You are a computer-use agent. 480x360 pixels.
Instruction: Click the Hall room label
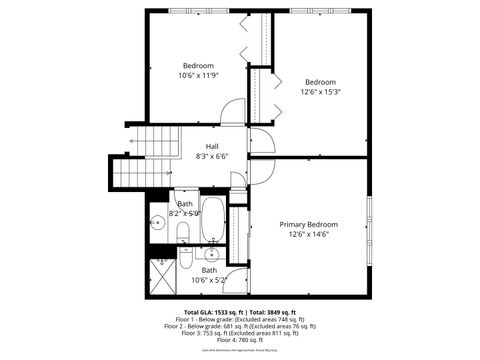pos(212,146)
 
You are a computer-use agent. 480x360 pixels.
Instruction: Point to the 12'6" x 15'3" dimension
pos(320,92)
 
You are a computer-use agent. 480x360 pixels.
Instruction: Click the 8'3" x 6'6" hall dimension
pos(212,156)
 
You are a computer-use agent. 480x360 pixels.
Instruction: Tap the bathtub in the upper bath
pos(213,227)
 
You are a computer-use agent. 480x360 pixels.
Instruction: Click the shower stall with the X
pos(162,272)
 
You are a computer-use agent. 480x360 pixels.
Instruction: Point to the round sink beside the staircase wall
pos(158,222)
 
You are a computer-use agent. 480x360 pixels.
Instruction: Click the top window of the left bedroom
pos(191,11)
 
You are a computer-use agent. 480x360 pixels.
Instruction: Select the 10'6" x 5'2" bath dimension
pos(209,281)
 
